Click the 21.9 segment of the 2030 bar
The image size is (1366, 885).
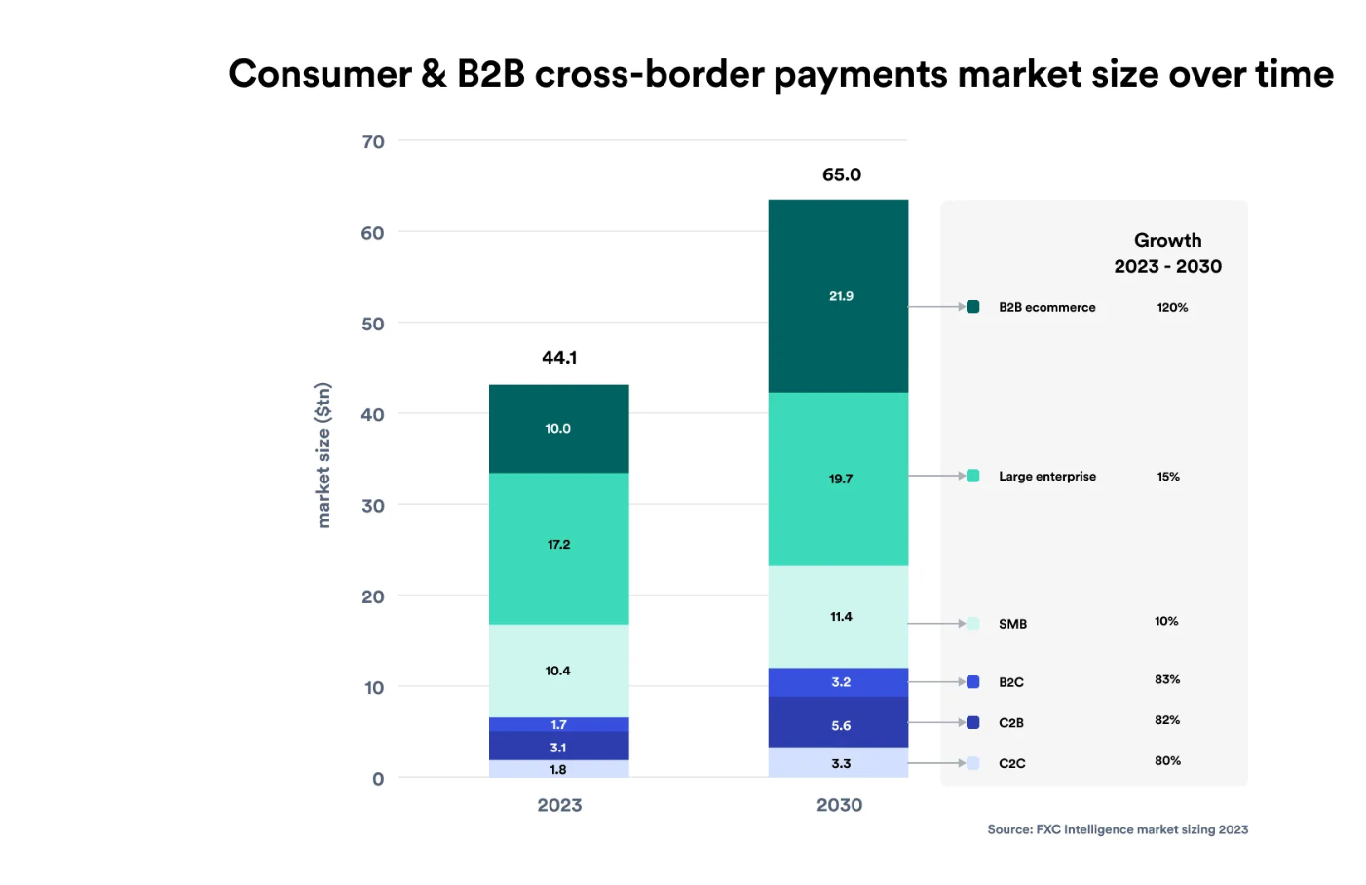[x=840, y=296]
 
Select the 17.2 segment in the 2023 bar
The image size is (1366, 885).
[x=558, y=545]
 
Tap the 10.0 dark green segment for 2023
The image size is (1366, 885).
[x=558, y=429]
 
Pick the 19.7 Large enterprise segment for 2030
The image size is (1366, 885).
[x=840, y=480]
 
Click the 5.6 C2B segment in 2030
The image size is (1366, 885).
[x=840, y=726]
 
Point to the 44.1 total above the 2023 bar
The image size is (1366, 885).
[x=559, y=358]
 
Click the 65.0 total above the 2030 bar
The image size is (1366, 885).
[x=842, y=175]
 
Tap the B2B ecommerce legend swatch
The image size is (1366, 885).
[x=972, y=307]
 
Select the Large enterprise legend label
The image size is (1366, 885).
[x=1047, y=477]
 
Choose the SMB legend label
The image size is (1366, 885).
[x=1012, y=624]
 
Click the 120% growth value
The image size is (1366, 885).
[x=1172, y=308]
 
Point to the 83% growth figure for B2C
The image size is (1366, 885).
[x=1167, y=680]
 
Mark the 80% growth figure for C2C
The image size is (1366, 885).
[x=1167, y=761]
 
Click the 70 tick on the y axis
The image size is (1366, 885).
[x=373, y=142]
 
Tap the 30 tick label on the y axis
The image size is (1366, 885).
[x=373, y=506]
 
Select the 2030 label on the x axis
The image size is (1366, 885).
[x=839, y=805]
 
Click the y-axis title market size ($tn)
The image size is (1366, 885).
[x=323, y=455]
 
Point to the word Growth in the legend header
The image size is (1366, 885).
[x=1167, y=241]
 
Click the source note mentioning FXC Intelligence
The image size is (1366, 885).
[x=1118, y=829]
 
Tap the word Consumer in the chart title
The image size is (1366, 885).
[x=321, y=74]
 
